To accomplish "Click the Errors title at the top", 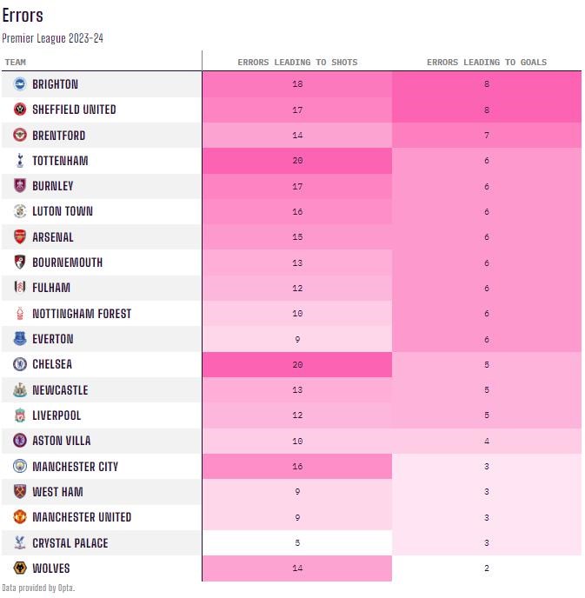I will pos(23,16).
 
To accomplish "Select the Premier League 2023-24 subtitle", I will pos(53,38).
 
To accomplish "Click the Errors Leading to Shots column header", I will pos(297,63).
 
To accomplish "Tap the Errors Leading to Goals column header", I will pos(487,63).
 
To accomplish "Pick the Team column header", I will pos(16,63).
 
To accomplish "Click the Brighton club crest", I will pos(19,84).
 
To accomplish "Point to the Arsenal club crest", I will pos(19,237).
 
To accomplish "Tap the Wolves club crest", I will pos(19,568).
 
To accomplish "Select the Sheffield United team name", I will pos(74,110).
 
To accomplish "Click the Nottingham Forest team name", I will pos(82,314).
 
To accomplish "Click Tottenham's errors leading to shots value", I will pos(297,161).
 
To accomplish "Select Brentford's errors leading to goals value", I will pos(487,136).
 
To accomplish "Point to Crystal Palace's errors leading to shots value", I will pos(297,543).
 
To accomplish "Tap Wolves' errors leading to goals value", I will pos(487,568).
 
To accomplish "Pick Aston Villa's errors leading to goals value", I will pos(487,441).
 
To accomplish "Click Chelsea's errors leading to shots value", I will pos(297,365).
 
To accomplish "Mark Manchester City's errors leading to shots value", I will pos(297,467).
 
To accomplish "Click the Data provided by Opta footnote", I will pos(38,588).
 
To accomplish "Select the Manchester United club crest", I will pos(19,517).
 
